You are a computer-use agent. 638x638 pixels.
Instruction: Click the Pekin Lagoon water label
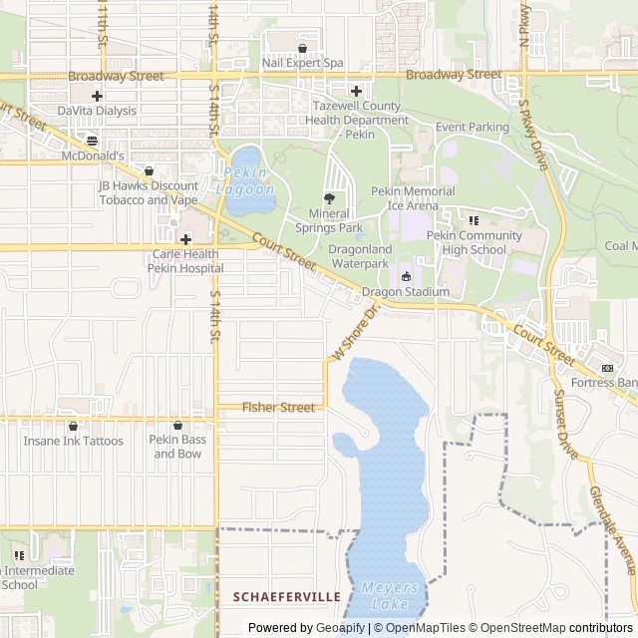pyautogui.click(x=245, y=180)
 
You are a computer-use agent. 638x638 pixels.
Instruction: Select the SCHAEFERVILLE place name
pyautogui.click(x=286, y=596)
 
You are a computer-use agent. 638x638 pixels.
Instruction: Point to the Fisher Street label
pyautogui.click(x=278, y=407)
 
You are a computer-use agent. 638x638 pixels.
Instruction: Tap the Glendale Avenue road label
pyautogui.click(x=611, y=529)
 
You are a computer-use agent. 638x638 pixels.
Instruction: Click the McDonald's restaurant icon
pyautogui.click(x=92, y=141)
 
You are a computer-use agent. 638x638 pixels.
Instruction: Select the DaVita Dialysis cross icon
pyautogui.click(x=97, y=96)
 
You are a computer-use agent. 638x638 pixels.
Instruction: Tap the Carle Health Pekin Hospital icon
pyautogui.click(x=185, y=239)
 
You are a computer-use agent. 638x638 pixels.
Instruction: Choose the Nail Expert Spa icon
pyautogui.click(x=302, y=48)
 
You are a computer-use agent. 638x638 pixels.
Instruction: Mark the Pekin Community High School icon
pyautogui.click(x=474, y=220)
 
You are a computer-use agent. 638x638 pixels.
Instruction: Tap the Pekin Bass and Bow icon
pyautogui.click(x=177, y=426)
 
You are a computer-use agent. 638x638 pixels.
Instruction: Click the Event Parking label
pyautogui.click(x=472, y=128)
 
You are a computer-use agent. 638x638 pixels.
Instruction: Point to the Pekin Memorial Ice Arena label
pyautogui.click(x=413, y=198)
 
